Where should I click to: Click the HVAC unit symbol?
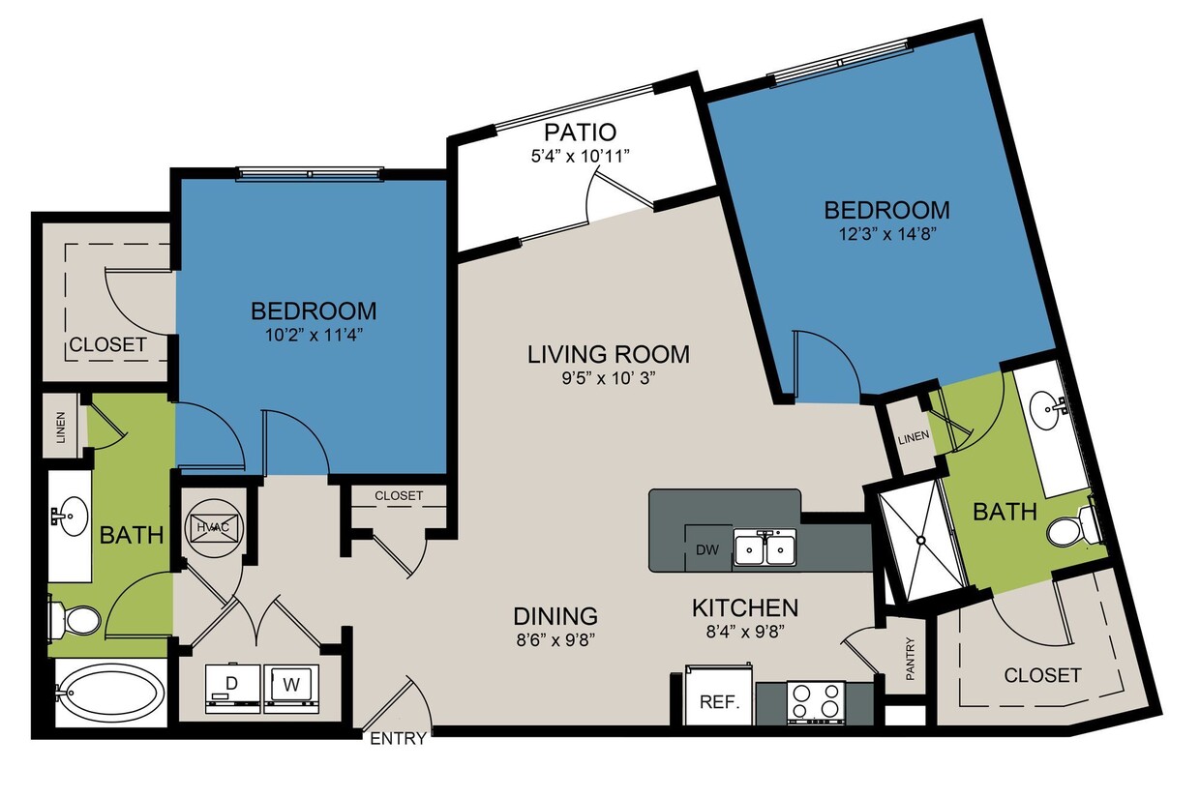[x=211, y=527]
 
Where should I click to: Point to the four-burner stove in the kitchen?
[x=815, y=702]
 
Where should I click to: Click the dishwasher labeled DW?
[x=707, y=549]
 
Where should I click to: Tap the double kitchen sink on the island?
[x=765, y=549]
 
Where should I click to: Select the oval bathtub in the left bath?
[x=107, y=693]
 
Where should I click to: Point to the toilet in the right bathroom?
[x=1071, y=528]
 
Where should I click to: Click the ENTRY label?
[x=398, y=739]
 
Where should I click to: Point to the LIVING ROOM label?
[x=609, y=354]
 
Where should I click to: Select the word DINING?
[x=555, y=615]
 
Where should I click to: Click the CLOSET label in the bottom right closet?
[x=1042, y=674]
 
